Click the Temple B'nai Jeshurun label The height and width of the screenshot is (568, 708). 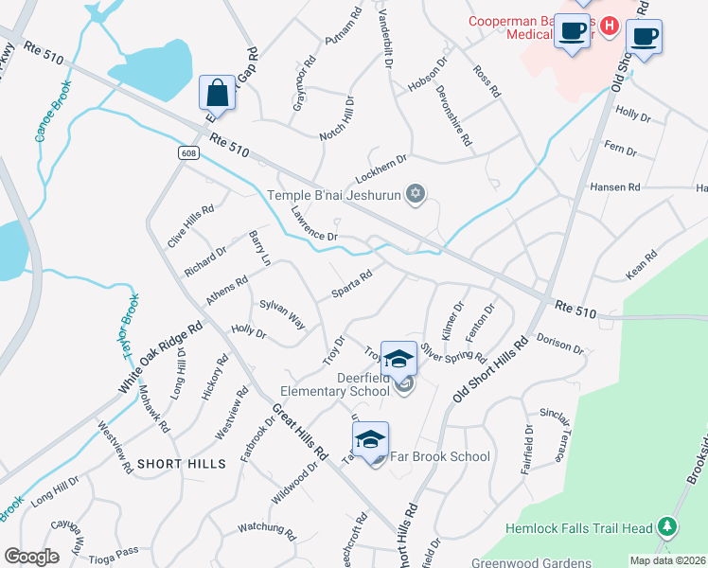tap(328, 197)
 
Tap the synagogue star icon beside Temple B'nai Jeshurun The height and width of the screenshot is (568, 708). tap(414, 195)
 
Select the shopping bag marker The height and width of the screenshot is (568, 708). tap(217, 93)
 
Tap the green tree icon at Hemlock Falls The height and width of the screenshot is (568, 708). tap(668, 526)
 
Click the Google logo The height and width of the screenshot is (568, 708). tap(31, 556)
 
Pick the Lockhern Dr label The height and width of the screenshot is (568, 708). tap(381, 169)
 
